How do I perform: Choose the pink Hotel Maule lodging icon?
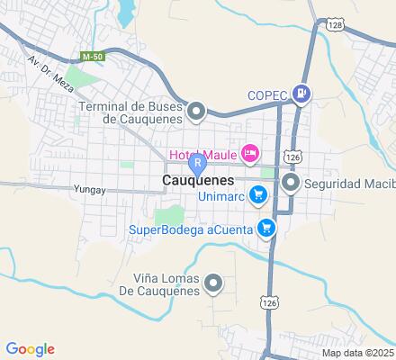250,151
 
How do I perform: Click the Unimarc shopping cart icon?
258,193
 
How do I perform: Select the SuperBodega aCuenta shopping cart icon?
266,228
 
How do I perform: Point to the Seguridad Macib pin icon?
291,183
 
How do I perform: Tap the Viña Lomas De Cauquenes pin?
213,284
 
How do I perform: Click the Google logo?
30,349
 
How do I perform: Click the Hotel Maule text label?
202,150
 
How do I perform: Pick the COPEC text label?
267,96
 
